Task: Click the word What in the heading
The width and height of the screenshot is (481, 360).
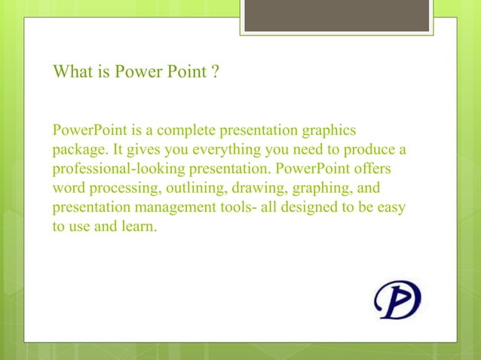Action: coord(71,74)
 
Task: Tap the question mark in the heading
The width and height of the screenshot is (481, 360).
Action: coord(215,74)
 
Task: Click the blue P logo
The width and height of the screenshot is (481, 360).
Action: coord(398,299)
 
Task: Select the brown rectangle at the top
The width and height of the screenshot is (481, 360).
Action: coord(336,15)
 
